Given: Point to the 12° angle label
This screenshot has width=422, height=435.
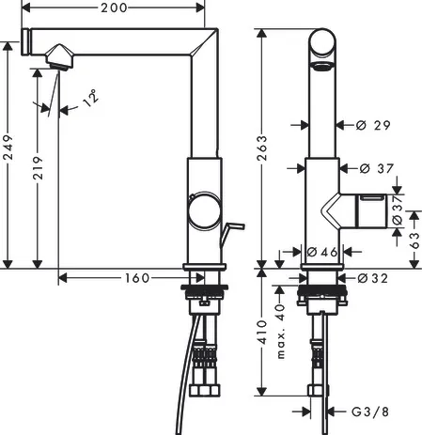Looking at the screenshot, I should (x=89, y=97).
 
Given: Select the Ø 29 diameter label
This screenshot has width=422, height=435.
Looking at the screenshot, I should (x=374, y=124).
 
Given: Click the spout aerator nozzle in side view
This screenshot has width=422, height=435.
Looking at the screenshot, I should (x=56, y=58).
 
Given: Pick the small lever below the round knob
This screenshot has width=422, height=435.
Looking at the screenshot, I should (x=231, y=226).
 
